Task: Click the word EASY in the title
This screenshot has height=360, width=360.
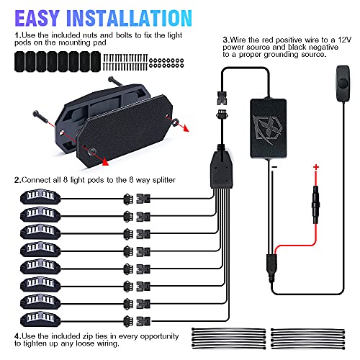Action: [x=37, y=18]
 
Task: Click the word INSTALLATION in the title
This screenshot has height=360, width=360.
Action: [x=129, y=18]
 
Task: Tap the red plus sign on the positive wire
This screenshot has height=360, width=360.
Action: [x=316, y=167]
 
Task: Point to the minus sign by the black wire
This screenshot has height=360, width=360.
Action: [x=275, y=167]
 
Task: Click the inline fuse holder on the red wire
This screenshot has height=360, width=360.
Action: [x=316, y=204]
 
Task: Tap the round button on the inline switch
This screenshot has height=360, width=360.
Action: [x=343, y=84]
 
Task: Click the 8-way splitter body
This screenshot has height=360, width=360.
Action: [x=221, y=169]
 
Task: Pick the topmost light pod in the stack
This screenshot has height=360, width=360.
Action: [x=40, y=197]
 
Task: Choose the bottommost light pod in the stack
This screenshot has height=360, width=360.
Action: [x=40, y=319]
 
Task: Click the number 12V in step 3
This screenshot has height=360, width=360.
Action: [x=345, y=40]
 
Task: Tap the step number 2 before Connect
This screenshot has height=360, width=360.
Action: [x=17, y=180]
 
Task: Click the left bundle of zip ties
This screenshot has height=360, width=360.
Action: [x=229, y=338]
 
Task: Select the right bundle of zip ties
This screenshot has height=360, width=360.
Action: [x=307, y=338]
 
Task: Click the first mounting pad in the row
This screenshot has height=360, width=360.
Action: [x=19, y=62]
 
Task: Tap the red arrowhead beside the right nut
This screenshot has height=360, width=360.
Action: [x=186, y=128]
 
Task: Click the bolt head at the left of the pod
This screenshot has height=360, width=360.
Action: [x=37, y=114]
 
